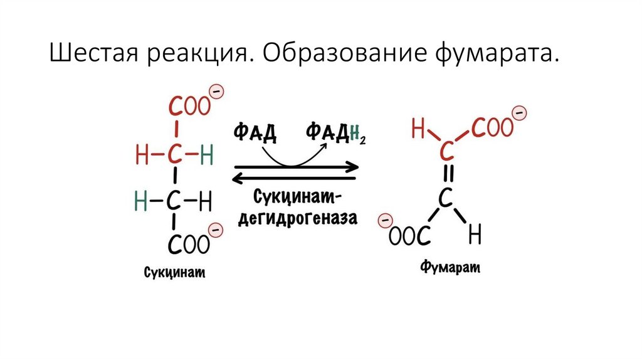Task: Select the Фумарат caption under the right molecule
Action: [x=450, y=268]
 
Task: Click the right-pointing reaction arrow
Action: [x=296, y=167]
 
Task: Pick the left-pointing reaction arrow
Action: [x=296, y=179]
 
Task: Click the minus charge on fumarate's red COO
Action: [x=519, y=114]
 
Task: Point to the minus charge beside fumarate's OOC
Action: [x=386, y=220]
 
